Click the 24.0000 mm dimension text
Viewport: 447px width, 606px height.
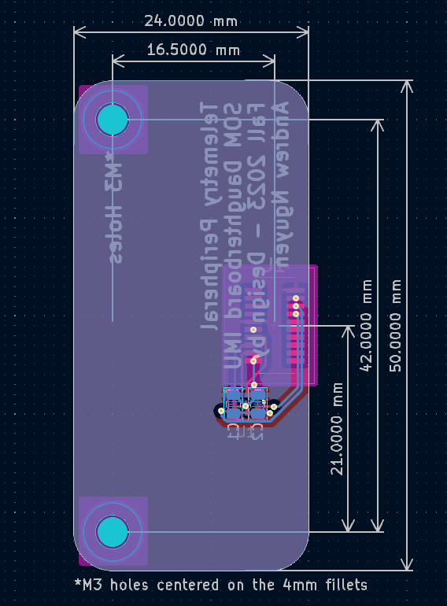pyautogui.click(x=190, y=20)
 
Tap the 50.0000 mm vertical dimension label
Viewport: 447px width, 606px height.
pyautogui.click(x=396, y=325)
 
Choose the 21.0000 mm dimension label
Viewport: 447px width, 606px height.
pyautogui.click(x=338, y=428)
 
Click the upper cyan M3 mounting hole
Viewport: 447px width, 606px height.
pyautogui.click(x=112, y=119)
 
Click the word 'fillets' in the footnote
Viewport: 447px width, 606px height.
pyautogui.click(x=341, y=585)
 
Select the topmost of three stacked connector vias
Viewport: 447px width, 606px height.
pyautogui.click(x=296, y=298)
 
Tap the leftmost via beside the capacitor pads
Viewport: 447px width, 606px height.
pyautogui.click(x=221, y=410)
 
